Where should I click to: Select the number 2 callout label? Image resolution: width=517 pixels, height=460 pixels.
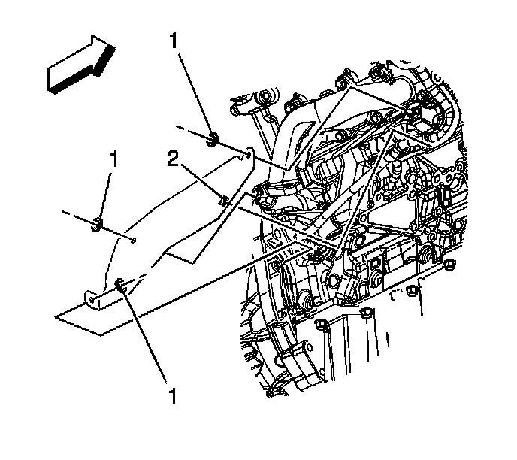(x=172, y=159)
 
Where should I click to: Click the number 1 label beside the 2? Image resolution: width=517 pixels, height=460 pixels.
(x=114, y=159)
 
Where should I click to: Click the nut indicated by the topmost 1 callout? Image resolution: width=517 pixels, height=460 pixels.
(x=212, y=138)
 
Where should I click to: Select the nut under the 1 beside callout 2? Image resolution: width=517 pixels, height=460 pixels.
(x=98, y=223)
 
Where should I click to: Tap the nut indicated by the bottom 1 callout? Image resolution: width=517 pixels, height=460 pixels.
(x=120, y=284)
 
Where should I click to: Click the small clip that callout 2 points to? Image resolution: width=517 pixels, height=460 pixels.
(x=224, y=200)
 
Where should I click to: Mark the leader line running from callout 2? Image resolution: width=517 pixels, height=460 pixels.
(x=199, y=180)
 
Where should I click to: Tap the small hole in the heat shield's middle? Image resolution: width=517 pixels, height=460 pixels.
(x=132, y=241)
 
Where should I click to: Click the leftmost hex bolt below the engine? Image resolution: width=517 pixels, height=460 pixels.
(x=322, y=325)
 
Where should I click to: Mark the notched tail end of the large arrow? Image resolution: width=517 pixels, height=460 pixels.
(x=54, y=77)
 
